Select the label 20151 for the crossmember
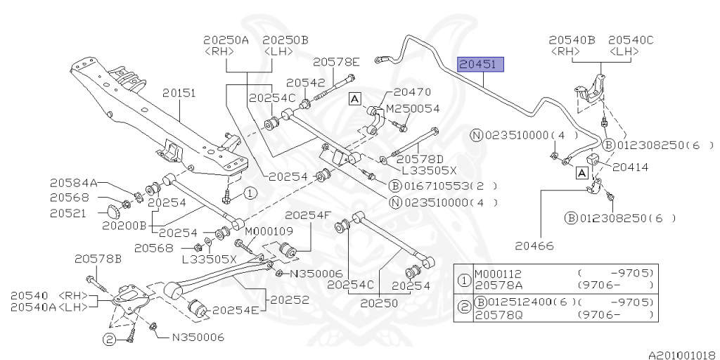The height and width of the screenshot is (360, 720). pyautogui.click(x=179, y=93)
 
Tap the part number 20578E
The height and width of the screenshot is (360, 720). pyautogui.click(x=336, y=62)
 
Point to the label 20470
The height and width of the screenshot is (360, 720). pyautogui.click(x=412, y=92)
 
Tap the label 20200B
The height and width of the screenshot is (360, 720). pyautogui.click(x=124, y=226)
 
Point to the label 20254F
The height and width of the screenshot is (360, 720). pyautogui.click(x=307, y=216)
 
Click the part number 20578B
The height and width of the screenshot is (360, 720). pyautogui.click(x=98, y=259)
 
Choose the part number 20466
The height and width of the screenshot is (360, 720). pyautogui.click(x=534, y=245)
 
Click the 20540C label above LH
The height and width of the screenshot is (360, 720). pyautogui.click(x=631, y=40)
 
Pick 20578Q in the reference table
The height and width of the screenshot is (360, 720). pyautogui.click(x=499, y=314)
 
